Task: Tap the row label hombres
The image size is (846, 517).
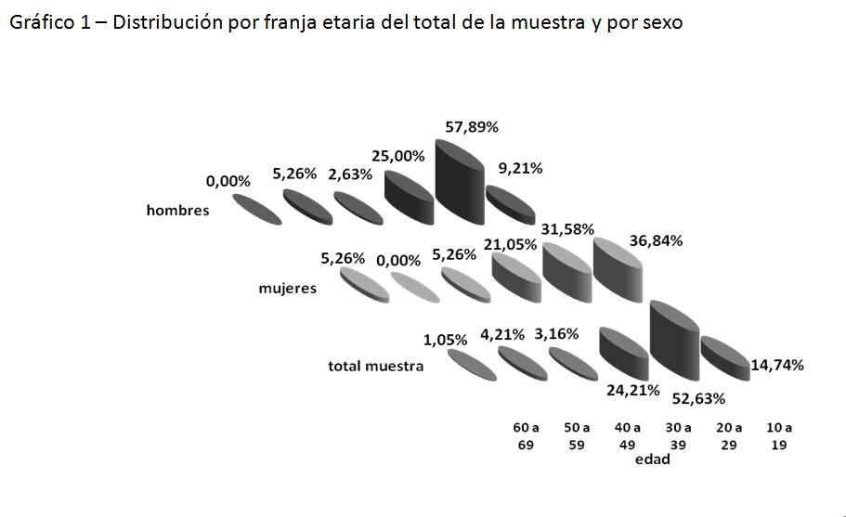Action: pyautogui.click(x=177, y=210)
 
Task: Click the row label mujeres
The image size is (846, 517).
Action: pyautogui.click(x=287, y=288)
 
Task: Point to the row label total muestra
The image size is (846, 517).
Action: pyautogui.click(x=375, y=366)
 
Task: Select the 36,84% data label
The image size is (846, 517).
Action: pyautogui.click(x=656, y=240)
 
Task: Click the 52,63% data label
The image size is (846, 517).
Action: pyautogui.click(x=698, y=399)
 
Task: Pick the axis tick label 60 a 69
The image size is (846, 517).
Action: pyautogui.click(x=526, y=436)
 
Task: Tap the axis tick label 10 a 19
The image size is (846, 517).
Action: pyautogui.click(x=778, y=436)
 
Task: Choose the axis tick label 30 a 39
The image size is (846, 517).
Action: pyautogui.click(x=678, y=436)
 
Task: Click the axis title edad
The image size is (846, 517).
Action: pyautogui.click(x=652, y=459)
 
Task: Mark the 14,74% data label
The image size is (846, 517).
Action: pyautogui.click(x=777, y=365)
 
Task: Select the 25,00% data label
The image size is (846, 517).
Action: pyautogui.click(x=398, y=157)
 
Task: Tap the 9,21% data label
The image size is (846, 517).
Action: pyautogui.click(x=520, y=169)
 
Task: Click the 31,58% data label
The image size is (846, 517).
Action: pyautogui.click(x=567, y=229)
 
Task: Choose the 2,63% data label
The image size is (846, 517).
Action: pyautogui.click(x=350, y=174)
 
